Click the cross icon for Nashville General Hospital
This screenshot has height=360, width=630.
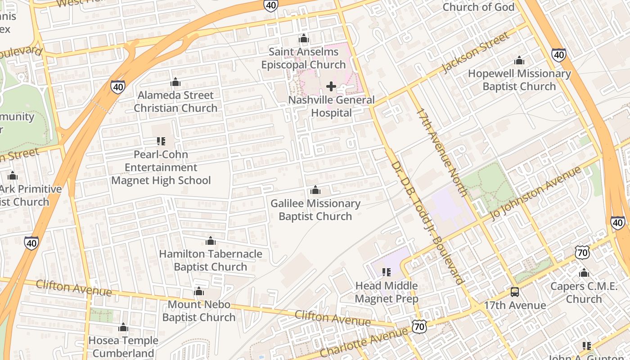click(x=331, y=86)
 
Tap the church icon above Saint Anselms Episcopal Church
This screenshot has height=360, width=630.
click(x=304, y=39)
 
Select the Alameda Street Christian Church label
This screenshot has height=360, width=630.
click(x=175, y=102)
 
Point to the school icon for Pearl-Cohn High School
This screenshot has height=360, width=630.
click(x=161, y=141)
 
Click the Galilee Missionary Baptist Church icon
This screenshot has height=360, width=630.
click(x=315, y=190)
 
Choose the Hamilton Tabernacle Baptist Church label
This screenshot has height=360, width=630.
click(x=210, y=260)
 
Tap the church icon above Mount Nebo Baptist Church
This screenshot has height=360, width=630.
click(x=199, y=292)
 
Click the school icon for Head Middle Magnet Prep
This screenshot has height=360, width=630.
click(x=387, y=272)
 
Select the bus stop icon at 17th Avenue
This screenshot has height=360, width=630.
click(x=515, y=292)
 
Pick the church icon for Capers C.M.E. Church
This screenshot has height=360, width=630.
click(x=584, y=273)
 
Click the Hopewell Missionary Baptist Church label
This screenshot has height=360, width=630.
click(x=519, y=80)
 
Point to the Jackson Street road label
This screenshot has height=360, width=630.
click(x=477, y=52)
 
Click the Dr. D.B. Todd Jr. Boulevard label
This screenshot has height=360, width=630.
click(x=427, y=222)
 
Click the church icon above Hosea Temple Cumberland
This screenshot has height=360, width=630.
click(x=123, y=328)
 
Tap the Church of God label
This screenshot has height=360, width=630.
click(x=478, y=7)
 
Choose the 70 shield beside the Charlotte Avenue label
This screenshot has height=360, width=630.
click(x=419, y=327)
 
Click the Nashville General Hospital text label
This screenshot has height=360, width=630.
click(x=331, y=106)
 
